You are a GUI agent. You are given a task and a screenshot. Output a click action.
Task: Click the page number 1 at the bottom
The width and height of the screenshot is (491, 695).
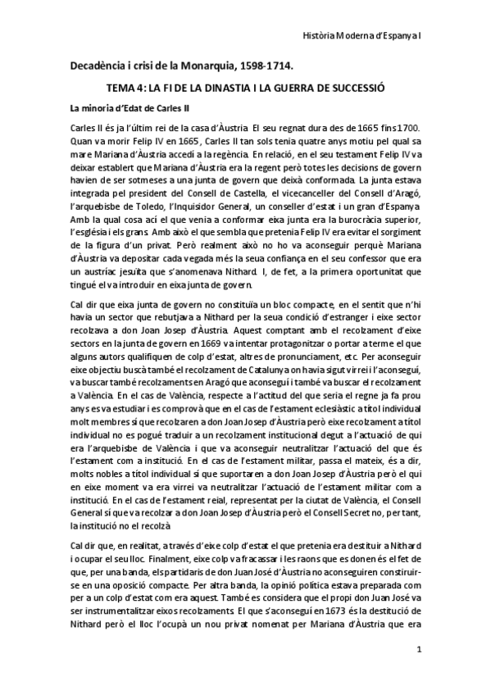(x=418, y=674)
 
